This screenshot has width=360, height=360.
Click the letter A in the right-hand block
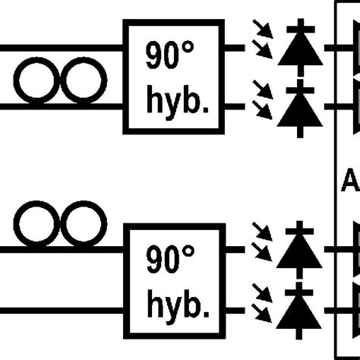click(x=351, y=181)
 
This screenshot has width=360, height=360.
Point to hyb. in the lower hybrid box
click(x=175, y=305)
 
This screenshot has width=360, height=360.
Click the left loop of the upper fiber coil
click(x=37, y=83)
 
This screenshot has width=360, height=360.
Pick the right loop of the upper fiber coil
click(x=81, y=83)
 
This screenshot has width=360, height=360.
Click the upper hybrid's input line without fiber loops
click(x=61, y=47)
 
